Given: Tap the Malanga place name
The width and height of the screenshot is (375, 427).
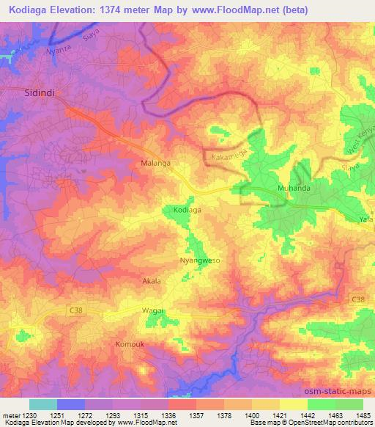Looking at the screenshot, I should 155,164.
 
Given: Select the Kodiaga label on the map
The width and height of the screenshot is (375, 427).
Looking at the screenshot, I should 187,210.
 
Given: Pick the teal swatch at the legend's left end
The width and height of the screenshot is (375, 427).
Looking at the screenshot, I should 43,404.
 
